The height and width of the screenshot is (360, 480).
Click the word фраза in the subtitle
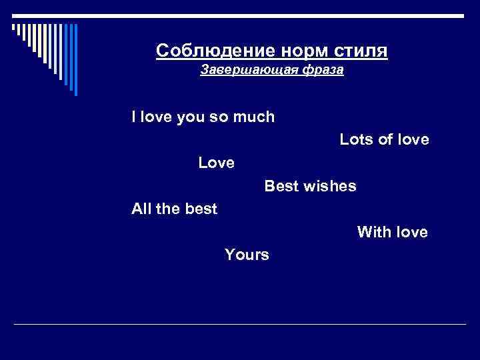pyautogui.click(x=323, y=70)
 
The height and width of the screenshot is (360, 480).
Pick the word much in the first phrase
pyautogui.click(x=254, y=117)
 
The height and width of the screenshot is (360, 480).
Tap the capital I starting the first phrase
pyautogui.click(x=134, y=117)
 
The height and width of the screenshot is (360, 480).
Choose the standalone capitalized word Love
pyautogui.click(x=216, y=163)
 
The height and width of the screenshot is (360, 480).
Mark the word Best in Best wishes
pyautogui.click(x=281, y=186)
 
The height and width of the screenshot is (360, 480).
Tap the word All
pyautogui.click(x=141, y=209)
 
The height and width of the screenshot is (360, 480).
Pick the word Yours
pyautogui.click(x=247, y=255)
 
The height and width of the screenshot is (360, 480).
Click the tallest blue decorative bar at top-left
pyautogui.click(x=75, y=59)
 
